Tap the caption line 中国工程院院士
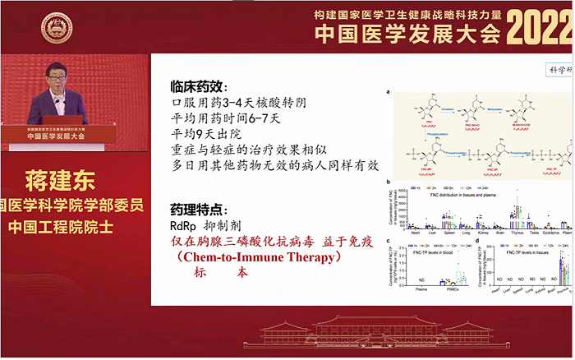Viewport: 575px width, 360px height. coord(74,224)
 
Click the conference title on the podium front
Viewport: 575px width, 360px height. coord(58,137)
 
